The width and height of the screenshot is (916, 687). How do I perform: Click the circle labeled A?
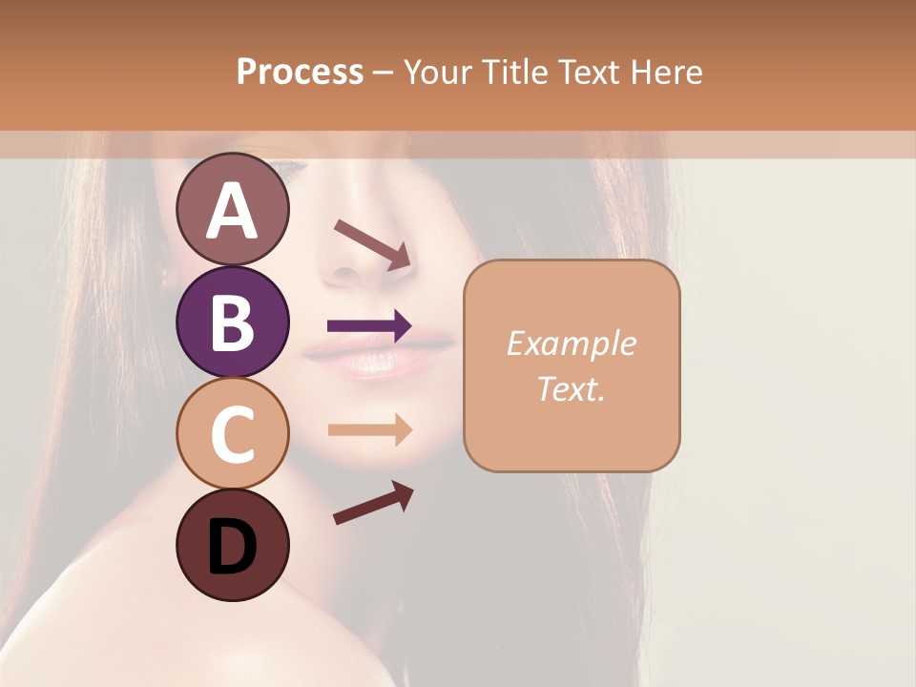tap(233, 210)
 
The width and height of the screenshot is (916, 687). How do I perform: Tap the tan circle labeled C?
tap(233, 433)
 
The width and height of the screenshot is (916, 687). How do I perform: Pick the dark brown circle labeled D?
tap(233, 545)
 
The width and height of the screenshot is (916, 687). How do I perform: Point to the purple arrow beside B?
tap(369, 326)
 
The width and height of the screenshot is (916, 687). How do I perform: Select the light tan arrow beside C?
tap(369, 429)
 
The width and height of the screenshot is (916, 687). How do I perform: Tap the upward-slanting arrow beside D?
tap(373, 503)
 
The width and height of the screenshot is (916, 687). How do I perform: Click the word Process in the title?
tap(300, 72)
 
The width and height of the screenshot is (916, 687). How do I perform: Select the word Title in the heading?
tap(513, 72)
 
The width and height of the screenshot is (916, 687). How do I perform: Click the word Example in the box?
tap(571, 343)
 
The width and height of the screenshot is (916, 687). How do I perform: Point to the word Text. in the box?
tap(571, 388)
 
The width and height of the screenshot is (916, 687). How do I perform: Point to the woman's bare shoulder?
tap(105, 620)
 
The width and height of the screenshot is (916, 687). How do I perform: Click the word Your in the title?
tap(440, 72)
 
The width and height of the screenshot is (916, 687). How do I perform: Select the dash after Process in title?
tap(383, 73)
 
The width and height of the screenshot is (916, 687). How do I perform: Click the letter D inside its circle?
tap(233, 547)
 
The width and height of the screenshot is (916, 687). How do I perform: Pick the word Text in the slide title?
tap(588, 72)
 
